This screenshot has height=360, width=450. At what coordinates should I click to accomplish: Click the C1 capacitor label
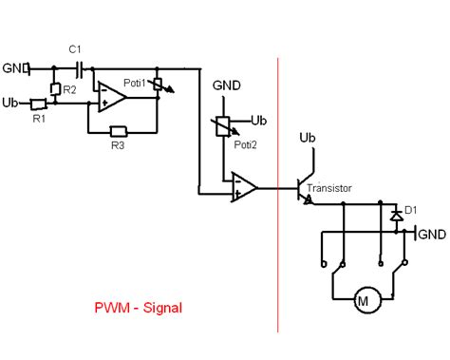point(74,48)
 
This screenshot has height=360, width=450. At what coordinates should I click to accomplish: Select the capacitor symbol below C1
point(81,68)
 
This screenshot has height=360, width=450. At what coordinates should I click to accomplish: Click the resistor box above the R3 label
point(119,131)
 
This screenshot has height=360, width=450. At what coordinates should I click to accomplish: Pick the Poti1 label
point(138,83)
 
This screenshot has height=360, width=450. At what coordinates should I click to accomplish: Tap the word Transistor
point(329,189)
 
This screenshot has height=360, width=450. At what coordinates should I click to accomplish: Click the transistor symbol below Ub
point(303,188)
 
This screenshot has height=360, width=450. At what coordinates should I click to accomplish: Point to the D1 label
point(411,209)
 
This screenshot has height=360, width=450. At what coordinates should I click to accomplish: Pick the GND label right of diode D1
point(432,234)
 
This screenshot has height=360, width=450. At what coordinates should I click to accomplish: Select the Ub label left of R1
point(11,103)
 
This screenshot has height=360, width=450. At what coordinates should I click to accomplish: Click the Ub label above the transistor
point(308,139)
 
